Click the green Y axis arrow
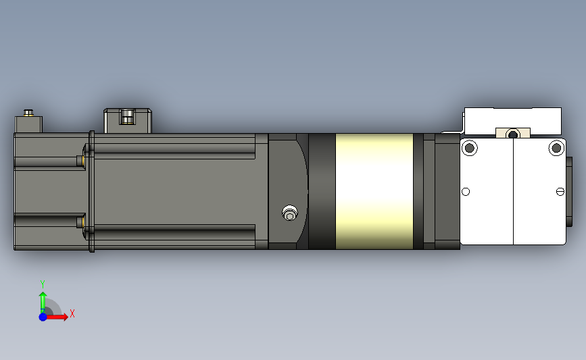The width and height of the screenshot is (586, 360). [x=43, y=301]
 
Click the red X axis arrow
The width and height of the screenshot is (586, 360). [x=57, y=316]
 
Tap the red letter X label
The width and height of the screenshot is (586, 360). [x=72, y=313]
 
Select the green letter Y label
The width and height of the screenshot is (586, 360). [x=43, y=284]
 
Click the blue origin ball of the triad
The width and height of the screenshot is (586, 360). [x=43, y=316]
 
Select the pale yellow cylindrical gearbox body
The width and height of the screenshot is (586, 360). [x=374, y=191]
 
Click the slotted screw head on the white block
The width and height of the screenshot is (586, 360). [x=560, y=192]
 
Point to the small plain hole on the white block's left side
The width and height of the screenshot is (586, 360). [x=466, y=192]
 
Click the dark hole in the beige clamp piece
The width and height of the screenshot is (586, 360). [x=512, y=134]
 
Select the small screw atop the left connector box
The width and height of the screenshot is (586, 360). [x=28, y=112]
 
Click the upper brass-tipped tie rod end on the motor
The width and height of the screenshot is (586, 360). [x=81, y=160]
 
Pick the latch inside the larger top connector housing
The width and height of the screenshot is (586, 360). [x=126, y=117]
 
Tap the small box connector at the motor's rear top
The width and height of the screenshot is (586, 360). [x=29, y=124]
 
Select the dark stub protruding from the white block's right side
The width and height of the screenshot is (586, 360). [x=569, y=191]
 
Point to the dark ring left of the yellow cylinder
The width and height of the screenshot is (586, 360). [x=322, y=191]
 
